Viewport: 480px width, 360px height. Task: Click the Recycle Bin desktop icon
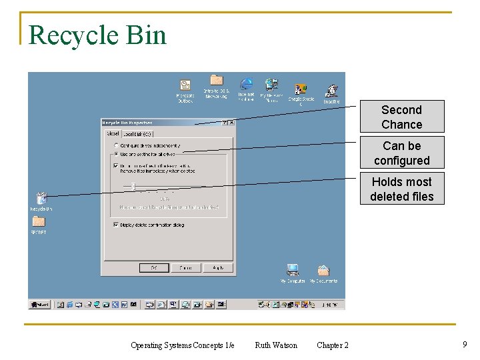click(41, 199)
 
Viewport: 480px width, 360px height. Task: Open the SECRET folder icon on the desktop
click(39, 222)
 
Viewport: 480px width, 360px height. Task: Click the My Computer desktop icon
click(292, 271)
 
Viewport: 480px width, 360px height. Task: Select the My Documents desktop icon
click(323, 271)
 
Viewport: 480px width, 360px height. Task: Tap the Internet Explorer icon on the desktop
click(246, 84)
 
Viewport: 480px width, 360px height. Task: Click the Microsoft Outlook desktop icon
click(185, 87)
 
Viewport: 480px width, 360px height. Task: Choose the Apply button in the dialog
click(217, 267)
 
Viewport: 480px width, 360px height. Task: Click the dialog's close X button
click(231, 123)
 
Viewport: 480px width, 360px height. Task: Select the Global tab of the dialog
click(113, 133)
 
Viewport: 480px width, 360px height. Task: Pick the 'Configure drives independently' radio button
click(117, 145)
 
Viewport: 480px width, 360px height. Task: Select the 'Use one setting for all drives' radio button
click(117, 154)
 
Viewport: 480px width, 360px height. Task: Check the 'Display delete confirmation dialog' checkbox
click(116, 225)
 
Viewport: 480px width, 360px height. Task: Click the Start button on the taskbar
click(40, 305)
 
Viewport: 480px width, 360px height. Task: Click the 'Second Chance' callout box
click(401, 117)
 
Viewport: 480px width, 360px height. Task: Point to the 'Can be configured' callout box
click(401, 153)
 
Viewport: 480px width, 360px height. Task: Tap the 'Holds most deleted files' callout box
click(401, 189)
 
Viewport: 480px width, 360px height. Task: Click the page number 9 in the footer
click(464, 344)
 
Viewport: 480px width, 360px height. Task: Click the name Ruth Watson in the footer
click(276, 345)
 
